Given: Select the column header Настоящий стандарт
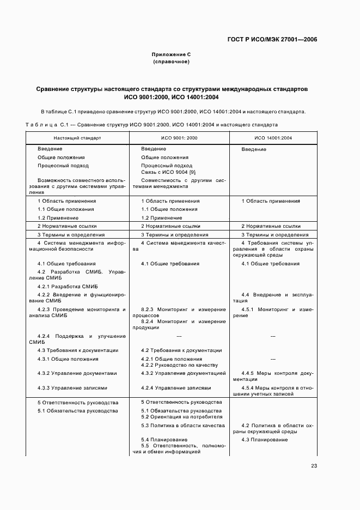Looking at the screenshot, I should (x=77, y=138).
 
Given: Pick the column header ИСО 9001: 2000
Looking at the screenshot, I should (x=180, y=138).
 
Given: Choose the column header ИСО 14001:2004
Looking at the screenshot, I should (x=273, y=138).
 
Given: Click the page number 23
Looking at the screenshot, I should (x=314, y=465).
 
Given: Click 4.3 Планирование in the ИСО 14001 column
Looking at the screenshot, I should (x=265, y=440).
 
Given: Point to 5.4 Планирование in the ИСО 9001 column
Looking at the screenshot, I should (x=164, y=439).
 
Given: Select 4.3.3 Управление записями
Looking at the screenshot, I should (x=72, y=388).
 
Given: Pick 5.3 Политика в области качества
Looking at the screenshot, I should (x=182, y=425).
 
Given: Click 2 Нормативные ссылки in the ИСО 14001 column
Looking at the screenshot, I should (x=271, y=226).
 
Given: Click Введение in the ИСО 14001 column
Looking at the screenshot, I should (x=254, y=149).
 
